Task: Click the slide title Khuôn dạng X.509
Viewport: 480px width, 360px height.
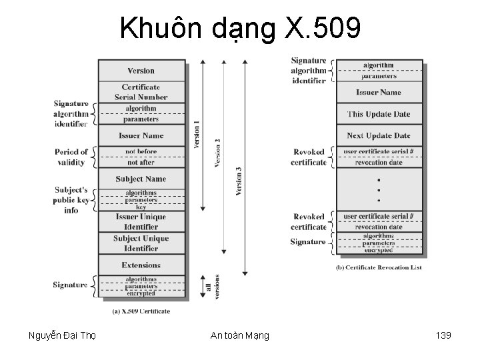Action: (240, 29)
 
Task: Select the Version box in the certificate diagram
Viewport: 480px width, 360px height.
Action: (141, 71)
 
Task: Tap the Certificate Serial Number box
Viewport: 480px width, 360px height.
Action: (141, 92)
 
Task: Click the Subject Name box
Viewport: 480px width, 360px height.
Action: (141, 179)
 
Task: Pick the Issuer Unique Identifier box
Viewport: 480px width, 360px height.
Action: (141, 221)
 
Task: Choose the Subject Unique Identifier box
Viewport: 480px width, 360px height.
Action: (141, 243)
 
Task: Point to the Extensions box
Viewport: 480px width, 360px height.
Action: (141, 265)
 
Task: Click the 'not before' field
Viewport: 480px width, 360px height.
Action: (141, 152)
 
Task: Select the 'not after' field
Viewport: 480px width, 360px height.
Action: (141, 161)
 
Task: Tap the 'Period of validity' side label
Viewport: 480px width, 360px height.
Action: (72, 157)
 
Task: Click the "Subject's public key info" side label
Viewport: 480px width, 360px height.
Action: (71, 200)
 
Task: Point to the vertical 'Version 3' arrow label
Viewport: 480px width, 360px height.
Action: (239, 180)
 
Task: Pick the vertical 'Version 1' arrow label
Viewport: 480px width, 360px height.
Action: (196, 133)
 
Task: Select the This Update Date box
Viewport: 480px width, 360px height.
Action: (379, 114)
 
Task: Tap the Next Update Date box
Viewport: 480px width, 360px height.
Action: (379, 136)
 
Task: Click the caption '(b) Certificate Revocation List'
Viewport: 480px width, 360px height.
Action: (379, 268)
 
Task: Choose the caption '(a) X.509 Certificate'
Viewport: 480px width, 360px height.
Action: (141, 311)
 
